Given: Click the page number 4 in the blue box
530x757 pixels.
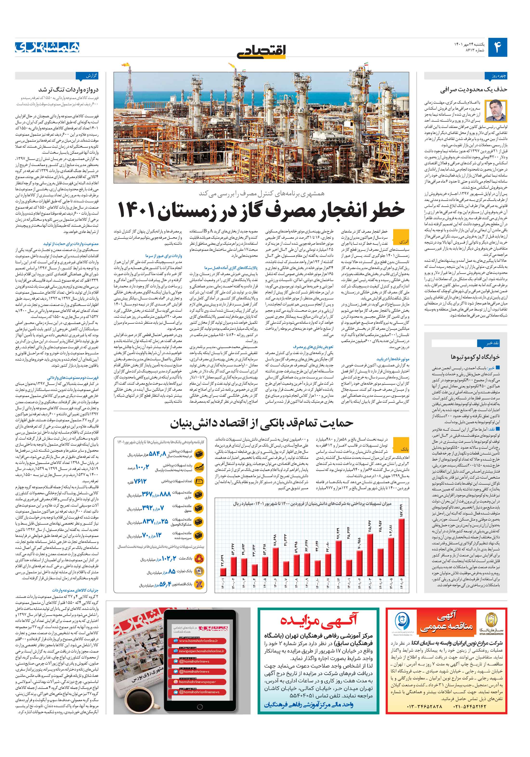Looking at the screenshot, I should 497,47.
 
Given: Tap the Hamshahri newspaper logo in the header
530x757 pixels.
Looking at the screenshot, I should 47,47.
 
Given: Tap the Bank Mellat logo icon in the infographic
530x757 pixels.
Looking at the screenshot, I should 199,559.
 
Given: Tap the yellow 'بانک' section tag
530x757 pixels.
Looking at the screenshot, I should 404,449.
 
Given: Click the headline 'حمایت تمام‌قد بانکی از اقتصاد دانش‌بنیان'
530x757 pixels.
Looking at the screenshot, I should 262,423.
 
